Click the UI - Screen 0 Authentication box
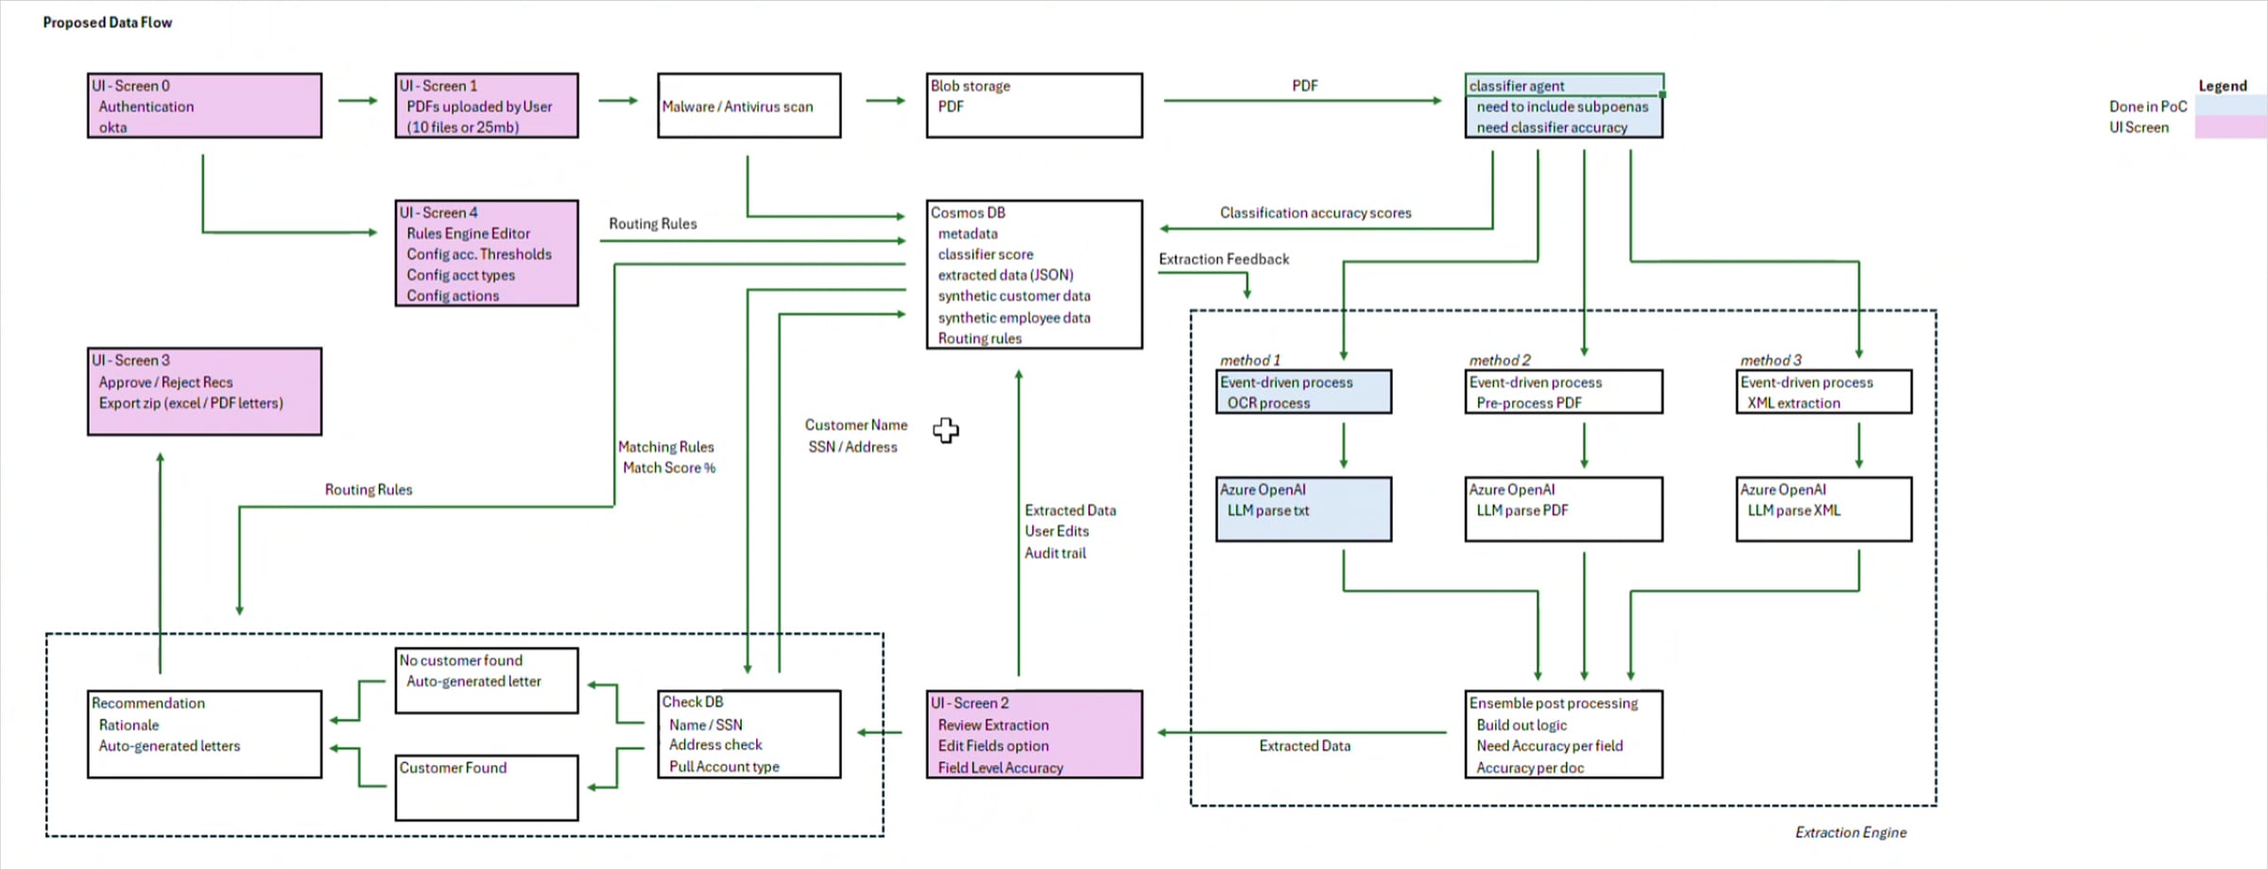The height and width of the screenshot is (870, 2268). pyautogui.click(x=204, y=106)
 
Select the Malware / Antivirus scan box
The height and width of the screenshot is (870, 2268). pyautogui.click(x=748, y=106)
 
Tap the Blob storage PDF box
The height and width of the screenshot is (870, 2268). pyautogui.click(x=1034, y=106)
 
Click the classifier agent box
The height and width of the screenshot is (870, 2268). pyautogui.click(x=1563, y=106)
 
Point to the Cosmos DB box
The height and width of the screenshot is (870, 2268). pyautogui.click(x=1034, y=274)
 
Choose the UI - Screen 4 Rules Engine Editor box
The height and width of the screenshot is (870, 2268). pyautogui.click(x=487, y=253)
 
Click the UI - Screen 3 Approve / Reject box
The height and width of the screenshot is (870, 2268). pyautogui.click(x=204, y=391)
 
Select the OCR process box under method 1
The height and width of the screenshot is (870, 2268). pyautogui.click(x=1303, y=392)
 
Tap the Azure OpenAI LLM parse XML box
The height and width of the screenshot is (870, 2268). pyautogui.click(x=1823, y=509)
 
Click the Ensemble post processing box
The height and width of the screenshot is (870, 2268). pyautogui.click(x=1563, y=734)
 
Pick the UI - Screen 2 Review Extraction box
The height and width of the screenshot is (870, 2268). pyautogui.click(x=1034, y=734)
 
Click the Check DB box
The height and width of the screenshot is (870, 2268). pyautogui.click(x=748, y=734)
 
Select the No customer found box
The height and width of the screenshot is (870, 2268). pyautogui.click(x=487, y=680)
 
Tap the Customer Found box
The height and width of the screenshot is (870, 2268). pyautogui.click(x=487, y=787)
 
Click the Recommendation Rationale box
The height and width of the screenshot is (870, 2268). pyautogui.click(x=204, y=734)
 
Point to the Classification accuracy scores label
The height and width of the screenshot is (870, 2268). pyautogui.click(x=1315, y=213)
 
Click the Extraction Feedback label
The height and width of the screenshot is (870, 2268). pyautogui.click(x=1224, y=259)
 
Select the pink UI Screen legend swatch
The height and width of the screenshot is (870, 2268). pyautogui.click(x=2229, y=128)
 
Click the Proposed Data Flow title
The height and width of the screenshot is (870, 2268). pyautogui.click(x=108, y=23)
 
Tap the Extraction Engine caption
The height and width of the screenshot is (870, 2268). pyautogui.click(x=1850, y=832)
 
